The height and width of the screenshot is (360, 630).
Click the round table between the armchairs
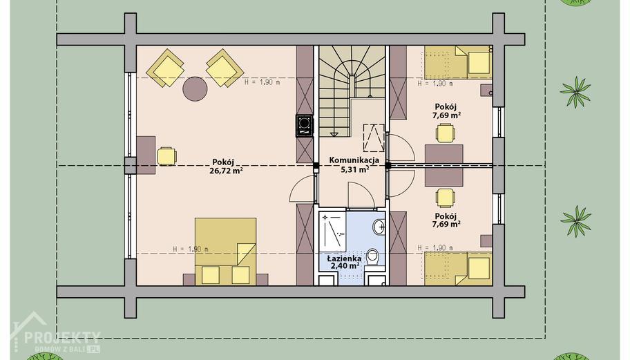click(195, 89)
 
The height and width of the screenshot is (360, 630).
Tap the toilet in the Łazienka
click(373, 256)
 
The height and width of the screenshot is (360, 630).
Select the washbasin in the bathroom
click(379, 227)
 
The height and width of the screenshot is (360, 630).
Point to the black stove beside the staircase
click(304, 126)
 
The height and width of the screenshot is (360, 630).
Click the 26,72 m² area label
click(226, 171)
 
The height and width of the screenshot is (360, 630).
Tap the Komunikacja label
click(354, 160)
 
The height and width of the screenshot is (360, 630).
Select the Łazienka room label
click(344, 258)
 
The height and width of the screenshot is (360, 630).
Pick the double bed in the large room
click(225, 252)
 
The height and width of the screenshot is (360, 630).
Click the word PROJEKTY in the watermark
click(62, 337)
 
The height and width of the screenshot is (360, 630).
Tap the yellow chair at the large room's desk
click(166, 156)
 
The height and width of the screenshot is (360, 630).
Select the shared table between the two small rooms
click(444, 166)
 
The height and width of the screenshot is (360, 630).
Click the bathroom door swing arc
click(360, 188)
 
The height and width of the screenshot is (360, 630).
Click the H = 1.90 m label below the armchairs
click(262, 82)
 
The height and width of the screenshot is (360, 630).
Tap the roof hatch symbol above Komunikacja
click(374, 138)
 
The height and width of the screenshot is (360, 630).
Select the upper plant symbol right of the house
click(575, 92)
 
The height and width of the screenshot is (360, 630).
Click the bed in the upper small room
click(459, 62)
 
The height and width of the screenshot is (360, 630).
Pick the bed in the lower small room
click(459, 268)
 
